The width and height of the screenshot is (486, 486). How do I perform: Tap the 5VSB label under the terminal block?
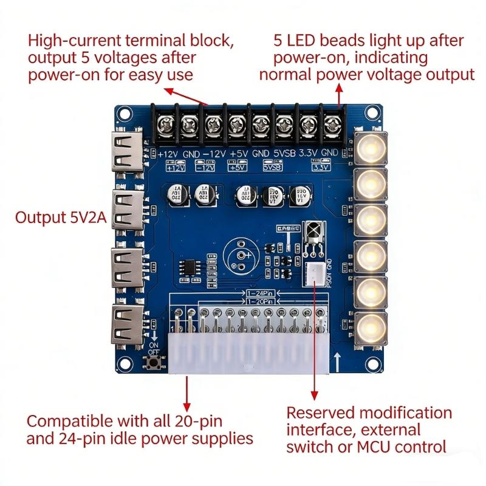pos(284,154)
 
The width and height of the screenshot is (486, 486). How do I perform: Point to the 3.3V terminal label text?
pos(313,154)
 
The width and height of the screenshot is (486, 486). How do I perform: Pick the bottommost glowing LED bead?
pos(370,329)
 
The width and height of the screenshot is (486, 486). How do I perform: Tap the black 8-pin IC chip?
pos(191,268)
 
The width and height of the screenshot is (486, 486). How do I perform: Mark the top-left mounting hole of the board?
pos(125,112)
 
